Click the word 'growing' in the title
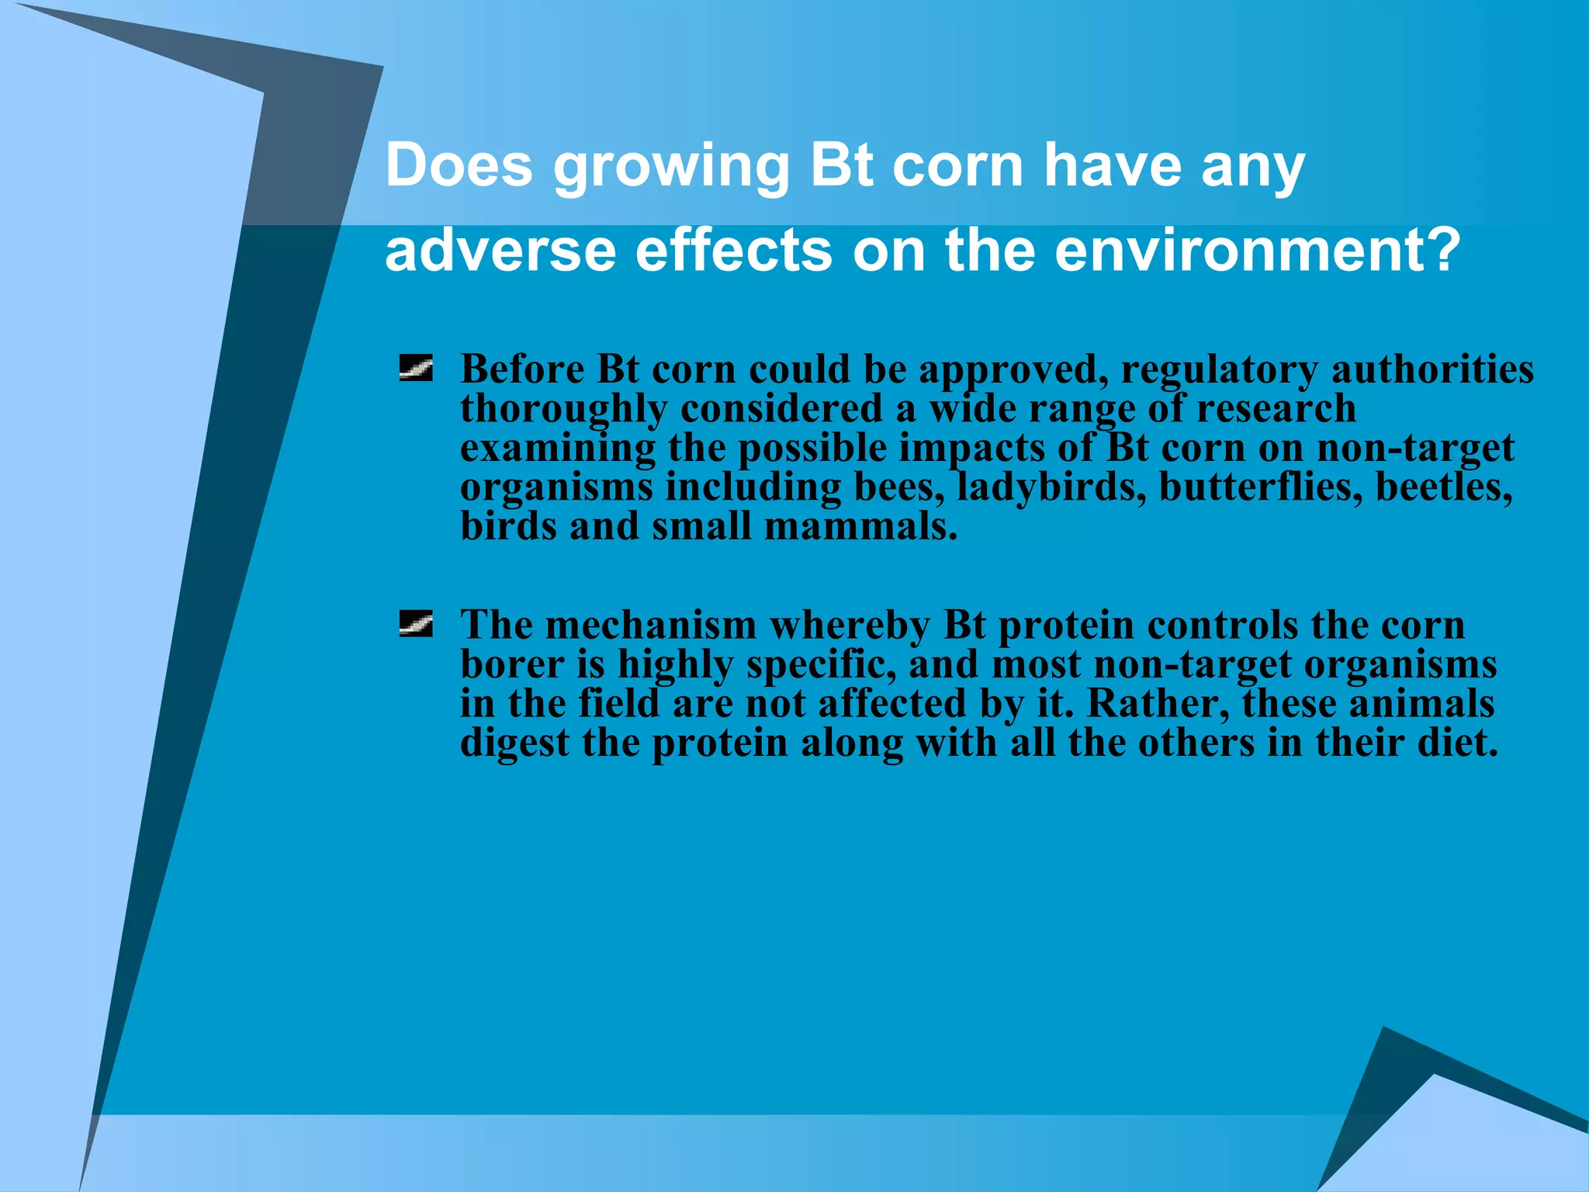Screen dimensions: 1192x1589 tap(671, 167)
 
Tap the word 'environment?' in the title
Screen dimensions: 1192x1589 tap(1258, 251)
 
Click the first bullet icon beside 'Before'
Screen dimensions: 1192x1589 tap(416, 368)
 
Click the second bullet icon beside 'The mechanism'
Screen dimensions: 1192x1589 tap(416, 623)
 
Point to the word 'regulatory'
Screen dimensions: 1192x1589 tap(1219, 370)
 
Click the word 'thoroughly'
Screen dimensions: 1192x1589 tap(563, 410)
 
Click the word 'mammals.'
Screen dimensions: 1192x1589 tap(860, 526)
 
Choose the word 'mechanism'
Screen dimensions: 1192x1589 tap(650, 625)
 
